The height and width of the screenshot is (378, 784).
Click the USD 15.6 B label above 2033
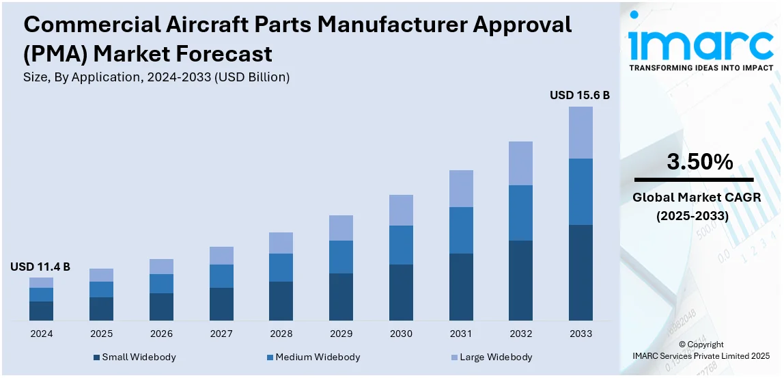(580, 96)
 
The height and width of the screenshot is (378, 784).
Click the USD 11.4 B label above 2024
(40, 267)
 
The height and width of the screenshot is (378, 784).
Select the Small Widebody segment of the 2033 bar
(580, 272)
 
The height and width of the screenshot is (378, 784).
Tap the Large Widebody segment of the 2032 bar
(520, 163)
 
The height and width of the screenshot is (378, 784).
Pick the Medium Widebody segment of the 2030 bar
(401, 245)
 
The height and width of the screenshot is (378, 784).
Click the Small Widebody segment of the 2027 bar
(221, 303)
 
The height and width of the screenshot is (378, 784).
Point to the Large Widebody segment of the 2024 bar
(41, 282)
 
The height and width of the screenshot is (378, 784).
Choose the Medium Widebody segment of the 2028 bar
(281, 267)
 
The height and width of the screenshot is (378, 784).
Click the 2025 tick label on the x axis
(101, 334)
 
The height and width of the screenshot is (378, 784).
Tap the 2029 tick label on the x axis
(341, 334)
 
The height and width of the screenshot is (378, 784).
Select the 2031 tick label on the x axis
(461, 334)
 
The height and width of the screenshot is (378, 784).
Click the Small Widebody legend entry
(135, 357)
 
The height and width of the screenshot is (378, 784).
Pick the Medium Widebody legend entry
(313, 357)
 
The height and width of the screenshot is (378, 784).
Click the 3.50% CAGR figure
(699, 162)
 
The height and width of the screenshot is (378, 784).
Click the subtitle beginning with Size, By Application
(156, 77)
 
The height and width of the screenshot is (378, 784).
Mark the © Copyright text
(702, 345)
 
